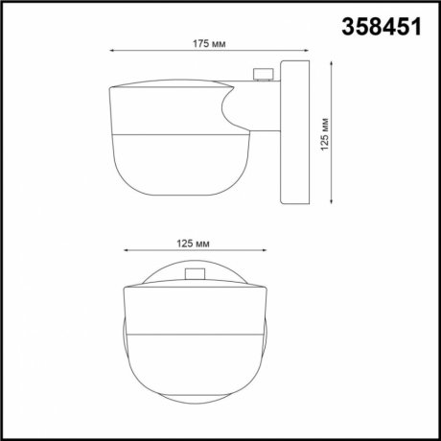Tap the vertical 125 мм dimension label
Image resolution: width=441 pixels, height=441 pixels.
(x=326, y=133)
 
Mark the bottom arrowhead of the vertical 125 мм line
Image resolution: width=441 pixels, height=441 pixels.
(x=331, y=202)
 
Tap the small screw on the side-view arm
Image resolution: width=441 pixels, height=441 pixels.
(x=258, y=73)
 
